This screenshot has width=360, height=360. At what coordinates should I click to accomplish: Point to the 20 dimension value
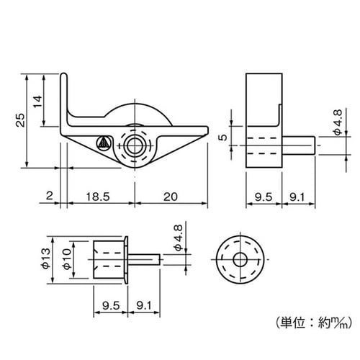point(171,196)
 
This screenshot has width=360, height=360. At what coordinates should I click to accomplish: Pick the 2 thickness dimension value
point(48,196)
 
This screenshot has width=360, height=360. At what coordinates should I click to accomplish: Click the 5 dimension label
point(223,138)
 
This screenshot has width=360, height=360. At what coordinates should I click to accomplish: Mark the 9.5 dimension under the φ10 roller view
point(110,305)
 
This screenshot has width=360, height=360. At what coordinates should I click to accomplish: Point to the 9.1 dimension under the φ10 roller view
point(143,305)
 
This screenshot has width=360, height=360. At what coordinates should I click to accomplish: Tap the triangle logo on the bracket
point(104,142)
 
